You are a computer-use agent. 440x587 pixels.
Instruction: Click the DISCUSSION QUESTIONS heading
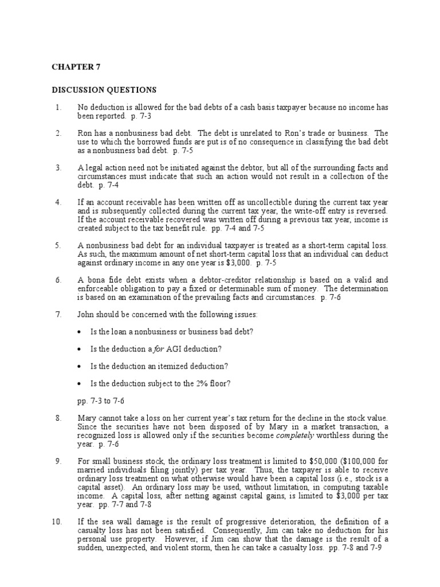pos(104,90)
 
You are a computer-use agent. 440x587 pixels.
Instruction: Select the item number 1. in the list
pos(58,107)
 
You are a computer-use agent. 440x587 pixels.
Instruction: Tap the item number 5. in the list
pos(58,245)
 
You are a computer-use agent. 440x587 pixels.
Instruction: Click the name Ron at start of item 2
pos(84,133)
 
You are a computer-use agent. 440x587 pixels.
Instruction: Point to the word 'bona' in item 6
pos(95,280)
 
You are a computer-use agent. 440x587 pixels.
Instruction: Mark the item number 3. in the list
pos(58,167)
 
